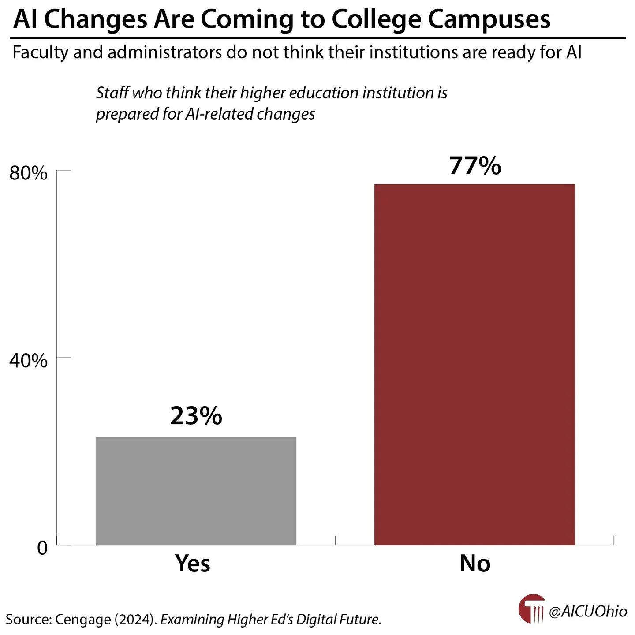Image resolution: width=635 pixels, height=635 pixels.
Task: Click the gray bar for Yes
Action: click(196, 491)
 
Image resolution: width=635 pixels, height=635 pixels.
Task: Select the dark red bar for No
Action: click(474, 364)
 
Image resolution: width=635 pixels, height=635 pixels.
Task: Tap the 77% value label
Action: click(475, 166)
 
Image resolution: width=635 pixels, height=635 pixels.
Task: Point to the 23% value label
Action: click(196, 415)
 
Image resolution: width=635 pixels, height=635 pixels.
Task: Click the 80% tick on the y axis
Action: click(28, 173)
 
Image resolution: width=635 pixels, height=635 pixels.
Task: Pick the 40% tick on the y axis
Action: click(28, 361)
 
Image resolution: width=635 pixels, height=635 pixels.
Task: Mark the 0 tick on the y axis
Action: click(42, 548)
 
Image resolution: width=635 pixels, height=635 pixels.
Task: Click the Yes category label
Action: click(193, 563)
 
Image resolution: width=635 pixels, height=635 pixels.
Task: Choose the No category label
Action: click(475, 563)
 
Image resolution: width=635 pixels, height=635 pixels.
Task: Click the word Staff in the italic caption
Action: click(112, 93)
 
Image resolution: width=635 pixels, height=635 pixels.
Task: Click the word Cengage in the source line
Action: click(83, 619)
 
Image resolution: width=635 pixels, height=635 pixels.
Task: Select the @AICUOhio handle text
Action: click(588, 611)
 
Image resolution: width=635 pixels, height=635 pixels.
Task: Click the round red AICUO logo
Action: click(532, 609)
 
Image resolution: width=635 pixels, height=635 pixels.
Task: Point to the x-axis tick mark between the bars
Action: click(336, 540)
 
